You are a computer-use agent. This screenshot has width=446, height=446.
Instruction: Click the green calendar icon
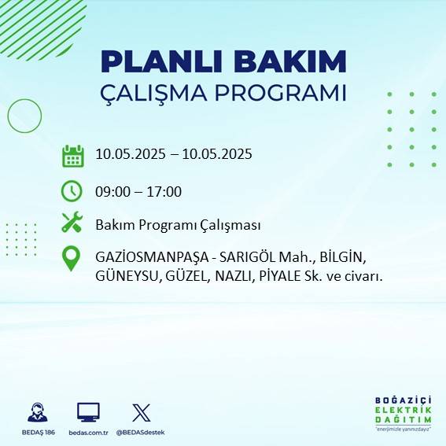coord(72,156)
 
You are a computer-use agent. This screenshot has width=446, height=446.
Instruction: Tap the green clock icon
coord(72,191)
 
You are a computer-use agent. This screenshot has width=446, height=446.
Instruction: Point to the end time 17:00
coord(165,191)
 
